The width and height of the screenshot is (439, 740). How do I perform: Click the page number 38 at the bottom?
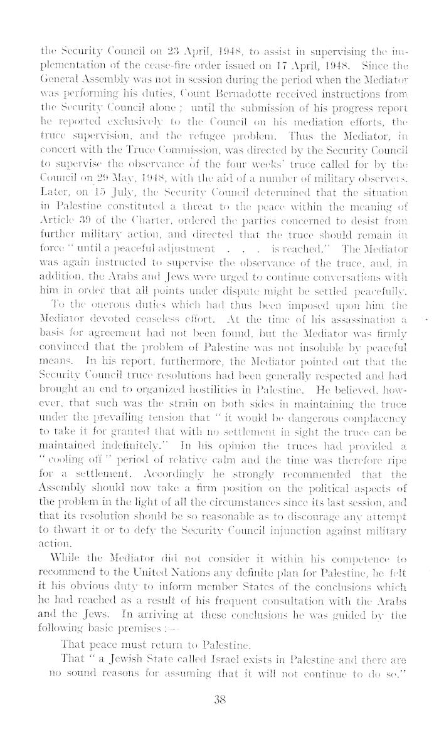click(219, 718)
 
